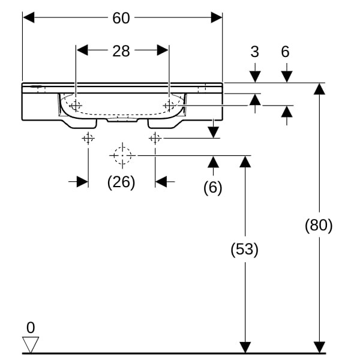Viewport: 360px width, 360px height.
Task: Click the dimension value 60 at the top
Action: pos(121,18)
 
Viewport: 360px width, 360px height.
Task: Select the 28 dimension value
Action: pos(121,50)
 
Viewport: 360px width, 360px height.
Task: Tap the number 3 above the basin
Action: pos(255,52)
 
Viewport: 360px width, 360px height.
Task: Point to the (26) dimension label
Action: pos(121,182)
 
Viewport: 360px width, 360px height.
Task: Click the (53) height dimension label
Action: pos(245,250)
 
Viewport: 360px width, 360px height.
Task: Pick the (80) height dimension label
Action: pos(319,226)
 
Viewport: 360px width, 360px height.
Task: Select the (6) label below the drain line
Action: pos(212,188)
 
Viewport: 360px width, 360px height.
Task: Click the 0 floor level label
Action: pos(31,328)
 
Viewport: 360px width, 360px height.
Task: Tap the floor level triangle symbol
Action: pos(31,344)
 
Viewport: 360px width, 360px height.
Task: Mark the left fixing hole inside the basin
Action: pos(76,106)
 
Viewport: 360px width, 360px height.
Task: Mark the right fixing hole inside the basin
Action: pos(169,106)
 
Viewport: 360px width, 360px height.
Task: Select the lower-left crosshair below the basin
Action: pos(88,139)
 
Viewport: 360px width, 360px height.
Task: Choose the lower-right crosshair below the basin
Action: pos(155,139)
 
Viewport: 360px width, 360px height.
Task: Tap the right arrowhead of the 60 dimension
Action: pos(217,18)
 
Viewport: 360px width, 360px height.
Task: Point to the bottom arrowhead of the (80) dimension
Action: pos(319,347)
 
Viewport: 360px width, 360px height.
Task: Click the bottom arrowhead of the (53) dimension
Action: pos(245,347)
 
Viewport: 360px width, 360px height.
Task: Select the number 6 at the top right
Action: pos(286,52)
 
